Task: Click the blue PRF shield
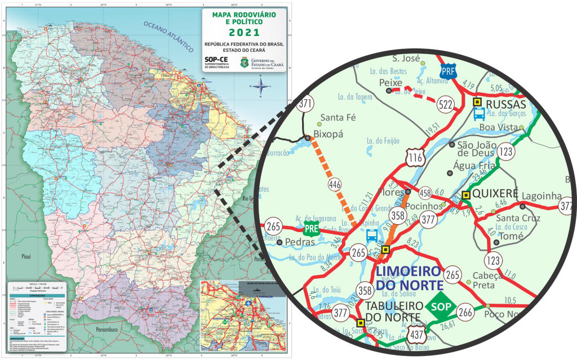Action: coord(448,72)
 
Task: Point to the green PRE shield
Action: coord(311,228)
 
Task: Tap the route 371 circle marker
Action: coord(306,104)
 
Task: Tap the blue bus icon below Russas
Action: coord(478,115)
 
